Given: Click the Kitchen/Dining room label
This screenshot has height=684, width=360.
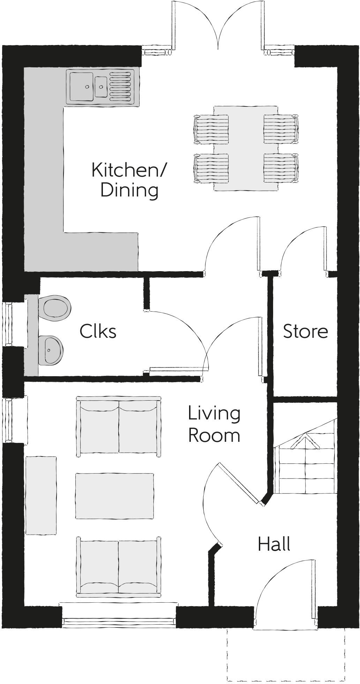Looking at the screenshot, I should pos(129,180).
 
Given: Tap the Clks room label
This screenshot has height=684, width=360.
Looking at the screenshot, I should pos(98,331).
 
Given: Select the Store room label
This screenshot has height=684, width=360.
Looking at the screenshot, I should pos(305,331).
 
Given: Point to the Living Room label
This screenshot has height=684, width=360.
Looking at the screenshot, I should pos(214,424).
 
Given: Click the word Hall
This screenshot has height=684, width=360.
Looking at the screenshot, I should pos(274,544).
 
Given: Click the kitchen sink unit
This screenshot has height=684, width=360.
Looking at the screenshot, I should pos(102,86).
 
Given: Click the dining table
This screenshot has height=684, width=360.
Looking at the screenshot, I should pos(246,148).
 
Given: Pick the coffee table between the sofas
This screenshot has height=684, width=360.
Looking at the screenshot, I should pos(115,496).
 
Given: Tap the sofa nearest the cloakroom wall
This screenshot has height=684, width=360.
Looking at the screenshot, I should pos(119,426).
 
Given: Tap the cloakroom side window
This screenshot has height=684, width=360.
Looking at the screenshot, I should pos(7,325).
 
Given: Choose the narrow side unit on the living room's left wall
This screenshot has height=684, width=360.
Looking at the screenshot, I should pos(41,495).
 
